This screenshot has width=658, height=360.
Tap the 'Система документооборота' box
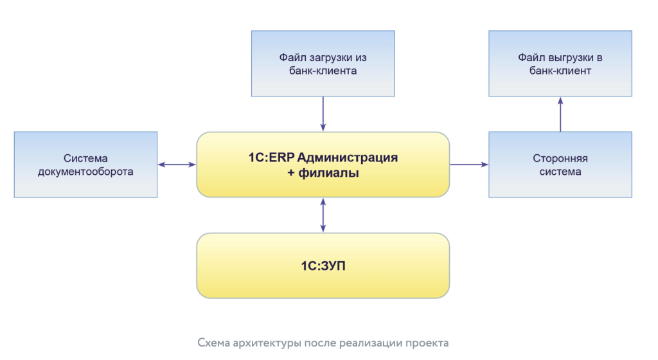click(x=85, y=165)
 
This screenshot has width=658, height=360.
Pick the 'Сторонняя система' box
click(x=560, y=165)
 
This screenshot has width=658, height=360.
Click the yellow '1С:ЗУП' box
click(x=323, y=265)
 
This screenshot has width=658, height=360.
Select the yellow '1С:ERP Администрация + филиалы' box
click(x=323, y=165)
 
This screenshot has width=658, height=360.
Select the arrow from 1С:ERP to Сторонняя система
click(x=468, y=165)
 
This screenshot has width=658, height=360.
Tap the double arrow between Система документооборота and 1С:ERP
click(x=177, y=165)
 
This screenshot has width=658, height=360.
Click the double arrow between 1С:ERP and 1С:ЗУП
click(x=323, y=215)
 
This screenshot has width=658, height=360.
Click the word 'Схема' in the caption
click(x=212, y=343)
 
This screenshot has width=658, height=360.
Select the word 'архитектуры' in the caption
click(x=260, y=343)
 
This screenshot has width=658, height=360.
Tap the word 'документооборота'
click(x=85, y=172)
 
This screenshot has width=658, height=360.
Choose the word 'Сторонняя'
click(x=560, y=158)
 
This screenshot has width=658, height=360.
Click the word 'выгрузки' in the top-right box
click(x=565, y=57)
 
